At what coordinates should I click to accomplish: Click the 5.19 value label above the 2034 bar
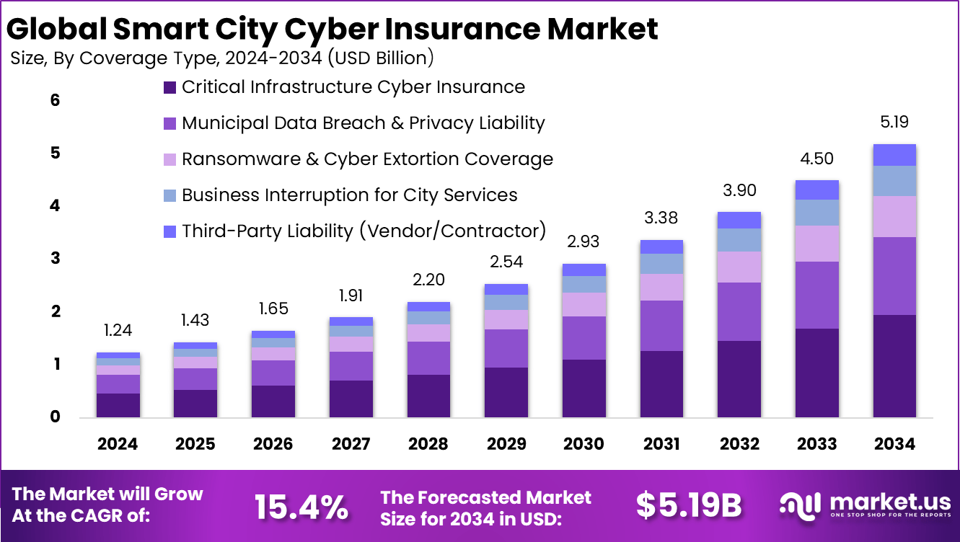(894, 122)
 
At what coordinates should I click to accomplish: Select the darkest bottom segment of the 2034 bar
(894, 365)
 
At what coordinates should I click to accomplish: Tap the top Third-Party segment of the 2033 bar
(817, 190)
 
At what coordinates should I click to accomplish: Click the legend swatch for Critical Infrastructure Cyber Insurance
(170, 88)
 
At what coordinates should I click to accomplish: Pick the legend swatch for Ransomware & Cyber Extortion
(170, 159)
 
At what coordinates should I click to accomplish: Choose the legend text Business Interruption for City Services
(349, 195)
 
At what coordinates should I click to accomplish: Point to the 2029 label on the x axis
(506, 444)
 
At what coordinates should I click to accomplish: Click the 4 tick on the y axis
(55, 206)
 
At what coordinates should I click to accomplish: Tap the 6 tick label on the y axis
(55, 100)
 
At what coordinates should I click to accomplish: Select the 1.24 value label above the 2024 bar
(118, 331)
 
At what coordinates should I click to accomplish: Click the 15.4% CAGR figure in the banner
(301, 507)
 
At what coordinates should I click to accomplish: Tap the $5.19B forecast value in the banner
(688, 507)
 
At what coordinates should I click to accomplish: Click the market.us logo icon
(801, 507)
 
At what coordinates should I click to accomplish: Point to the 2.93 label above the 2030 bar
(584, 241)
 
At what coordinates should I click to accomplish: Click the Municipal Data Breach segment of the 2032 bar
(739, 311)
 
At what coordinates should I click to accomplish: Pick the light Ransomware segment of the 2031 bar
(661, 287)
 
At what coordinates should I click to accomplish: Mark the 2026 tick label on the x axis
(273, 444)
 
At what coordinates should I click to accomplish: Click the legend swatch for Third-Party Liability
(170, 231)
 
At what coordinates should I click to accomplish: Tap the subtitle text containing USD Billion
(222, 58)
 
